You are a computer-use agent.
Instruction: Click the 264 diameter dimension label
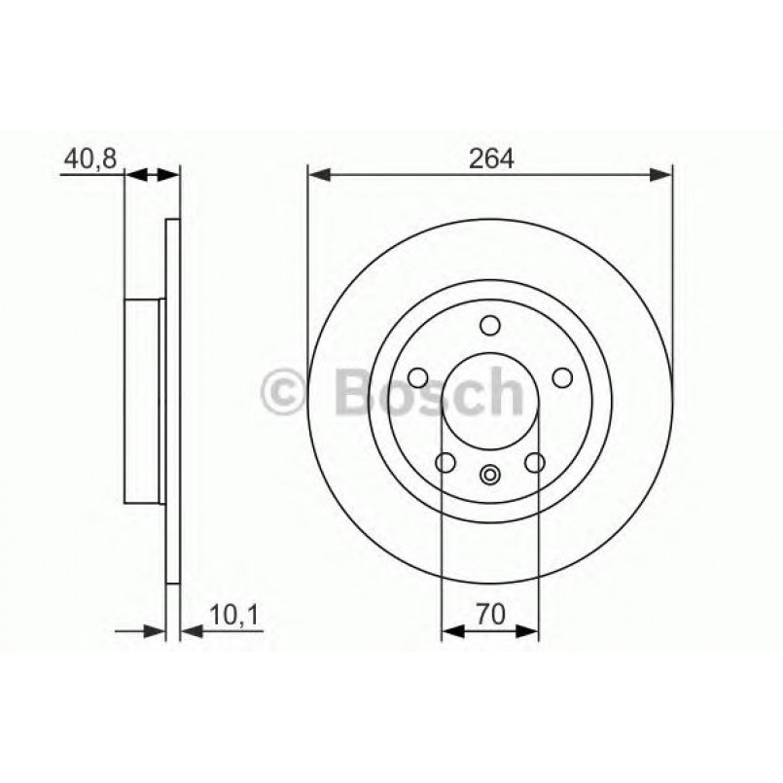(x=490, y=158)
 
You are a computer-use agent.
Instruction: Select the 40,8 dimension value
(x=89, y=158)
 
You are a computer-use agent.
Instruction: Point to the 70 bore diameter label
(x=489, y=614)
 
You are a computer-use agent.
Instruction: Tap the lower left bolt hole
(x=445, y=462)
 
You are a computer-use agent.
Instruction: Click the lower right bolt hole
(x=534, y=462)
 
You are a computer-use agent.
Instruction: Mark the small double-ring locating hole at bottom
(x=489, y=476)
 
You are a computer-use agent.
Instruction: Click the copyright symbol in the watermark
(x=285, y=392)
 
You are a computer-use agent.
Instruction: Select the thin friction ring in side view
(x=173, y=402)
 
